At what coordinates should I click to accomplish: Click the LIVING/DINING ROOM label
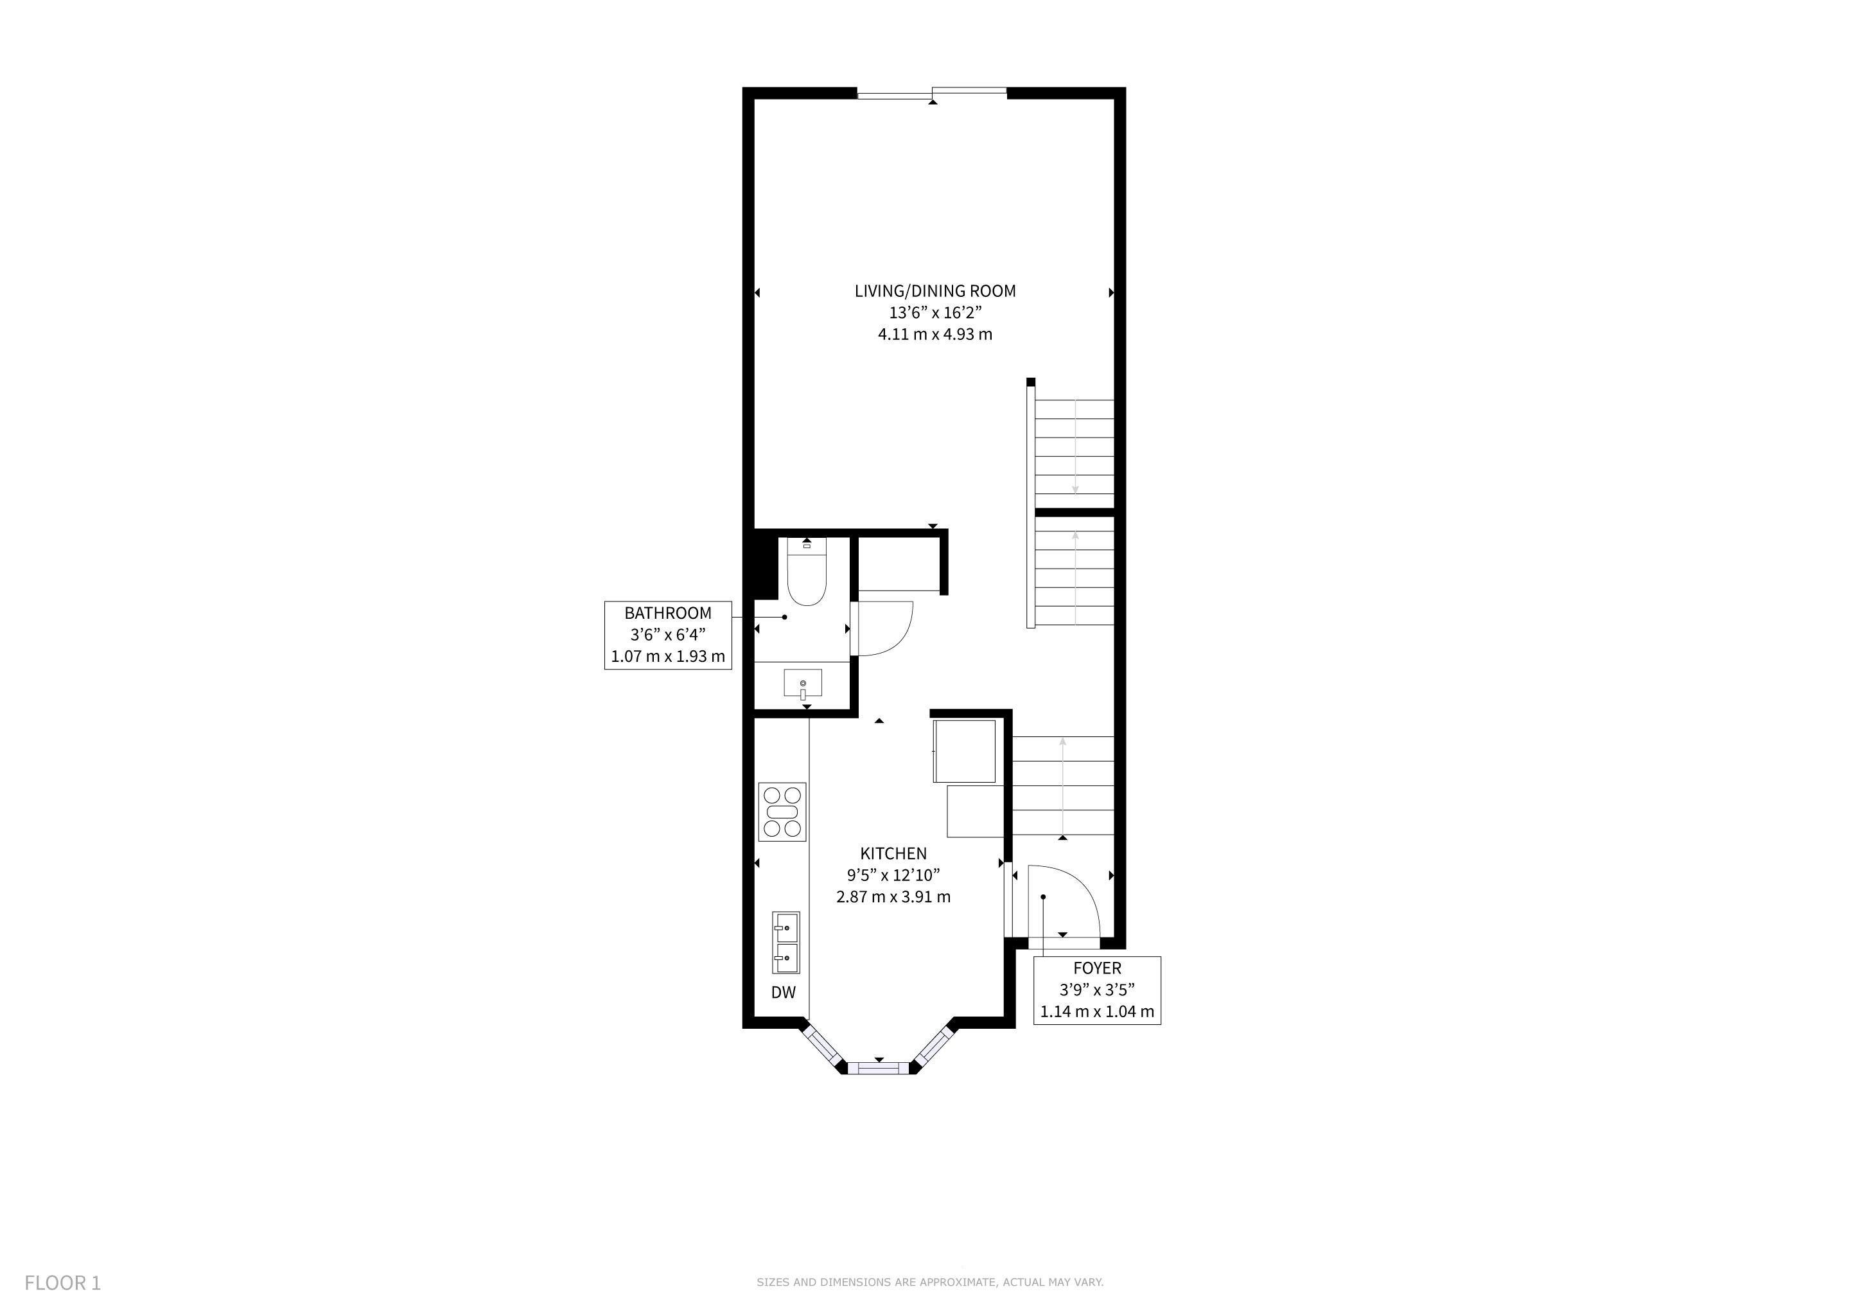[x=935, y=291]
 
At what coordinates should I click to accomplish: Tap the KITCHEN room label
[x=893, y=853]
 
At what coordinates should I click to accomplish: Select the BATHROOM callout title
[x=667, y=614]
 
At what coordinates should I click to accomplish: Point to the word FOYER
[x=1097, y=968]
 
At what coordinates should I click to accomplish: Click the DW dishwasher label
[x=784, y=992]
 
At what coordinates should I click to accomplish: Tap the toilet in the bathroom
[x=806, y=571]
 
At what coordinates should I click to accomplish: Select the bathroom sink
[x=803, y=683]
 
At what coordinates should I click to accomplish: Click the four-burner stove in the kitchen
[x=782, y=812]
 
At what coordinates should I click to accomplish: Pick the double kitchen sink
[x=785, y=943]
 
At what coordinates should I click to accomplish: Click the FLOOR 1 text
[x=62, y=1283]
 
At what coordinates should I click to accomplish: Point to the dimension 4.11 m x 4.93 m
[x=935, y=334]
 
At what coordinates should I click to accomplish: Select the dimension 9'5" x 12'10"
[x=893, y=875]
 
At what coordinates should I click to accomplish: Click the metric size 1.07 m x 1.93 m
[x=667, y=656]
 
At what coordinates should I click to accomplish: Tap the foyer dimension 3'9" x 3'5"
[x=1097, y=990]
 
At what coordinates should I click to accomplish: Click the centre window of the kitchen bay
[x=879, y=1067]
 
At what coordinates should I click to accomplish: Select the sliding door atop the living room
[x=933, y=93]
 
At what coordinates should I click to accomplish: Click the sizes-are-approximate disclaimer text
[x=930, y=1282]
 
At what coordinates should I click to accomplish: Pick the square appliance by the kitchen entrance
[x=964, y=751]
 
